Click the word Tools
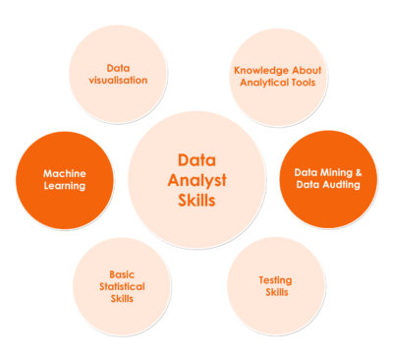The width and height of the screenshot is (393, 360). [x=306, y=84]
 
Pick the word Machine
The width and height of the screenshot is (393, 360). [x=64, y=173]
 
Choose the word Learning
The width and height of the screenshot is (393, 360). [x=64, y=186]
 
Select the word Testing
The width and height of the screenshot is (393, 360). [x=275, y=279]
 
